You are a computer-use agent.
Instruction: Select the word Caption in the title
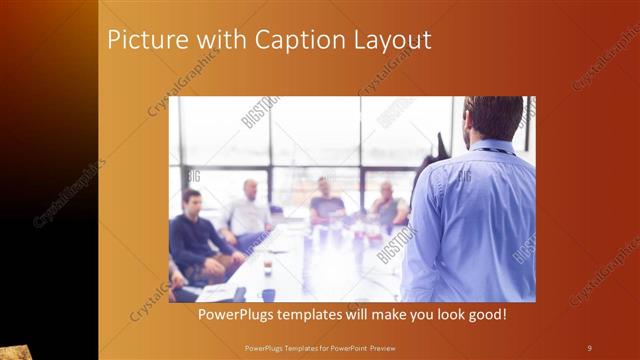(x=275, y=41)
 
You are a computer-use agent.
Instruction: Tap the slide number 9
(x=589, y=348)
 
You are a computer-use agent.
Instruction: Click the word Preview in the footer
(x=376, y=348)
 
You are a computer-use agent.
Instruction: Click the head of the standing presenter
(x=494, y=118)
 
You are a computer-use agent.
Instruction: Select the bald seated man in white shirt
(x=248, y=210)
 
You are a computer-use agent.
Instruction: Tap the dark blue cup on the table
(x=268, y=294)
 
